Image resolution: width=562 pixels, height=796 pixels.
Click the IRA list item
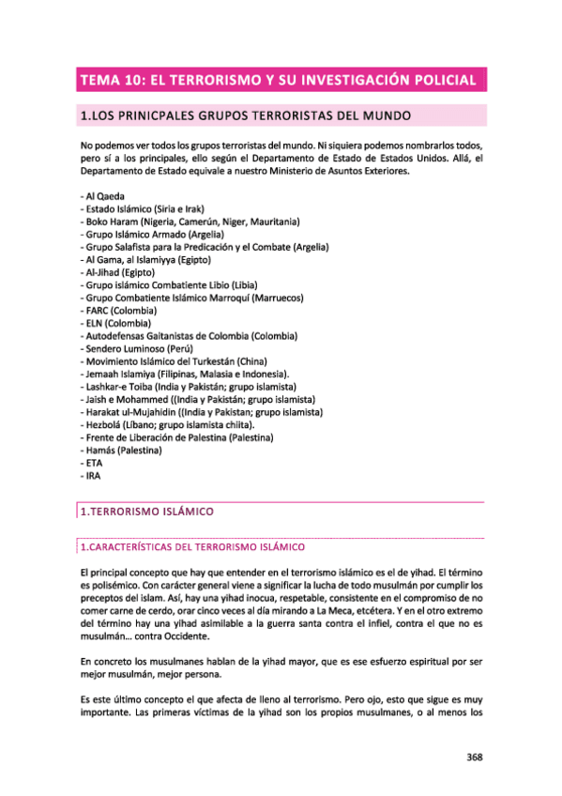click(92, 476)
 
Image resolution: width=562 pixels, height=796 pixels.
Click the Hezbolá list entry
click(175, 425)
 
